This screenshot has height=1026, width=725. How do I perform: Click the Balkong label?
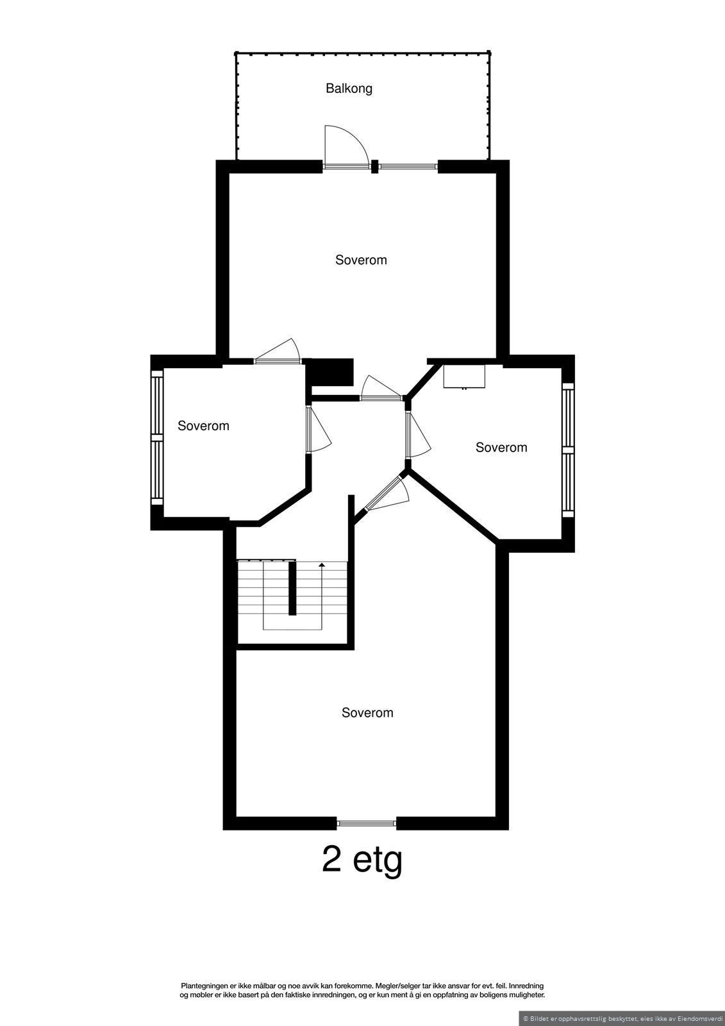(349, 88)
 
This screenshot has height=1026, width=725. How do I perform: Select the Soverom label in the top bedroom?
(361, 260)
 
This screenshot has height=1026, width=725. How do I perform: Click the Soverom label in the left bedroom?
(203, 426)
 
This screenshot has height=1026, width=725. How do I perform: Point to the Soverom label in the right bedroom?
(501, 448)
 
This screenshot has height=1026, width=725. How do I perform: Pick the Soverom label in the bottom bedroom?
(367, 712)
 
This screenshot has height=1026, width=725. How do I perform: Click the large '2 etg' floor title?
(362, 860)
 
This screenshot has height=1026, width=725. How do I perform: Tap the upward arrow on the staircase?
(321, 566)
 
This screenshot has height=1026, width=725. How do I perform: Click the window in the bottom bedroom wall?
(367, 823)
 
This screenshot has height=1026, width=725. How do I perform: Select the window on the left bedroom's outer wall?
(155, 437)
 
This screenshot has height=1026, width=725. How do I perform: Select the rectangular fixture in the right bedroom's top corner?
(465, 376)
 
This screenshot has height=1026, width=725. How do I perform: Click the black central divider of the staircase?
(292, 588)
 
